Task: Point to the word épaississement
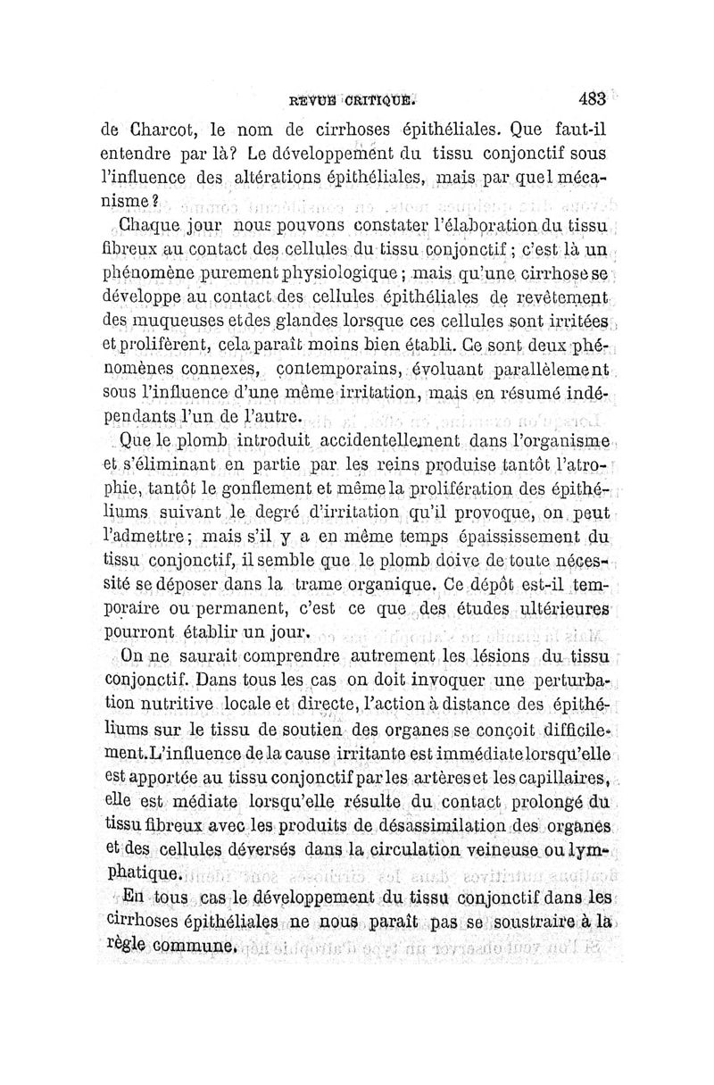[511, 538]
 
